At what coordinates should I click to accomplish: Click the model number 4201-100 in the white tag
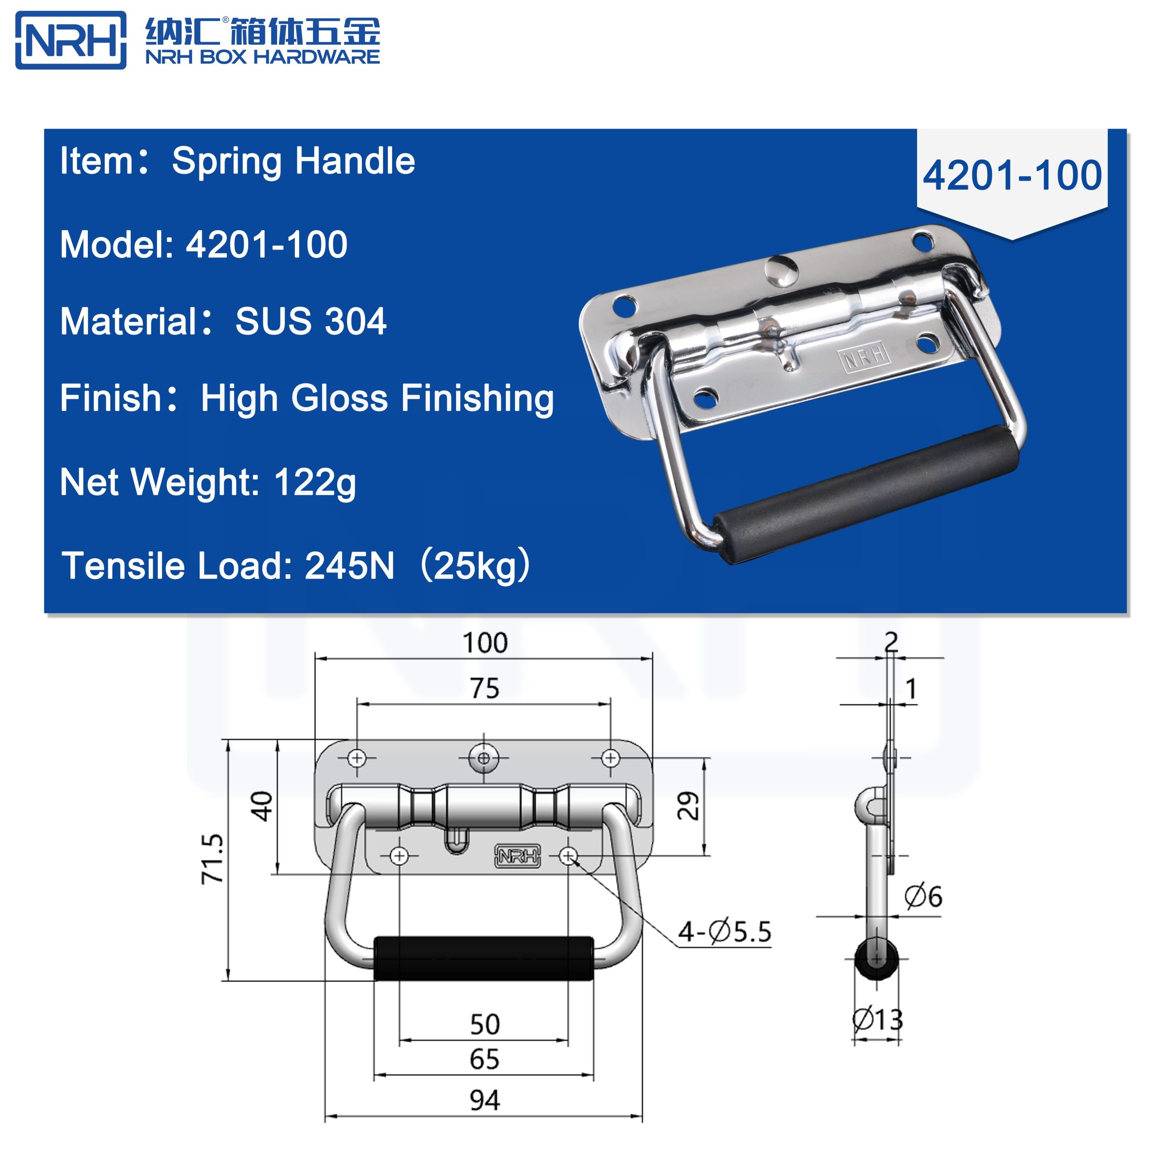1012,176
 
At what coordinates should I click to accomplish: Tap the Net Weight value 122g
315,483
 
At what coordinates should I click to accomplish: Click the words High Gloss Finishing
377,398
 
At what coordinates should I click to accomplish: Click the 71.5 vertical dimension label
213,859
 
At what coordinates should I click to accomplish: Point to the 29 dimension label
688,806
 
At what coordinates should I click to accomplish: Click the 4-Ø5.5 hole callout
724,932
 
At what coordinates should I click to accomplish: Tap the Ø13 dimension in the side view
878,1020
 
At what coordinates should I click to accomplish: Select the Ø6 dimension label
923,897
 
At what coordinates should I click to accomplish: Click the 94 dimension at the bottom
484,1100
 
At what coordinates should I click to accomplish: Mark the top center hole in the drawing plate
483,758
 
